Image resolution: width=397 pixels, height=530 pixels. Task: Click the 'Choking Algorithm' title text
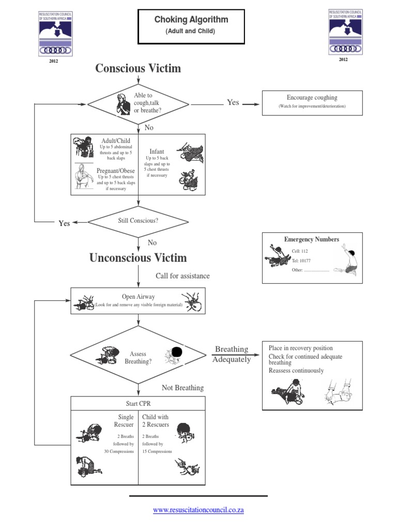[191, 20]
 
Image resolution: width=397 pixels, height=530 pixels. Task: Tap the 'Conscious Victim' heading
[138, 68]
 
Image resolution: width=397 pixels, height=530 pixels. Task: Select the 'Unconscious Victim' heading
[138, 258]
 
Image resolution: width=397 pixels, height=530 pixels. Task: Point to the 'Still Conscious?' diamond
[138, 220]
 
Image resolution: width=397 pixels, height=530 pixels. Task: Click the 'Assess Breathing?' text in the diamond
[138, 358]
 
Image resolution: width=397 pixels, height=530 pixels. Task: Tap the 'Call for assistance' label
[182, 276]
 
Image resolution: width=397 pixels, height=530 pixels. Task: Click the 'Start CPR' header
[138, 403]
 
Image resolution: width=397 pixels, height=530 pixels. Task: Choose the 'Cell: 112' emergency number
[300, 252]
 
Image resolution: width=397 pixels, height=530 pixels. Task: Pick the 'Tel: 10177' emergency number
[302, 261]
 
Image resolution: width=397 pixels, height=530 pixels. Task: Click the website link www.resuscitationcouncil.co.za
[198, 510]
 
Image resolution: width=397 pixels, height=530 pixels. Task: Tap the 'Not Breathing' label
[182, 388]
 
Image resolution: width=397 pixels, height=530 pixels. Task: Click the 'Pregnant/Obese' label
[116, 171]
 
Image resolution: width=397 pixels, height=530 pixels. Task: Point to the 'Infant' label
[157, 152]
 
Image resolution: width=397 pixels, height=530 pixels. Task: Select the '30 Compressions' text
[119, 451]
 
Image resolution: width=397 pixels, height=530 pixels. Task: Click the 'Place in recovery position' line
[301, 348]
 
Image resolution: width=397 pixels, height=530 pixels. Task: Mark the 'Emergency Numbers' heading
[312, 239]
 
